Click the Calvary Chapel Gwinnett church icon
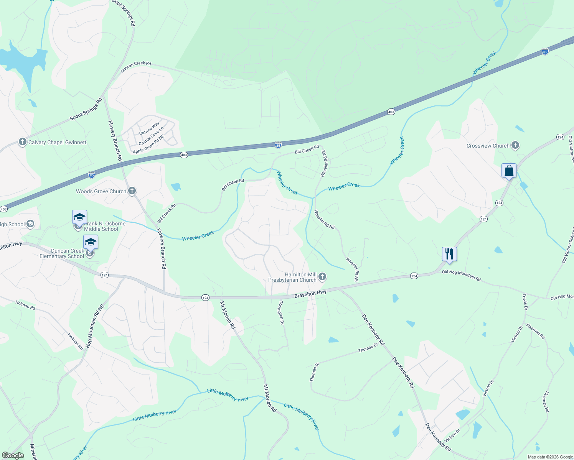click(23, 142)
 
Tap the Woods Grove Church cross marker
click(132, 191)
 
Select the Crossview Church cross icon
click(515, 145)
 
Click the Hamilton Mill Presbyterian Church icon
click(322, 276)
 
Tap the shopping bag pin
click(509, 171)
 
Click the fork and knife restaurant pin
click(449, 254)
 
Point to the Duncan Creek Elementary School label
click(62, 253)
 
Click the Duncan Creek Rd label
click(136, 67)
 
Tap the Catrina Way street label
click(149, 128)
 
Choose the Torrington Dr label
click(281, 312)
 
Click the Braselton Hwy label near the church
click(310, 294)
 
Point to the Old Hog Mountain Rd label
click(461, 275)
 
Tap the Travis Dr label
click(525, 302)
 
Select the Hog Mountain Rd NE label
click(95, 326)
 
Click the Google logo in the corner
click(13, 455)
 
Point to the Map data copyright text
click(550, 457)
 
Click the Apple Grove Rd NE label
click(148, 144)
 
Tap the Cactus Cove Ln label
click(151, 136)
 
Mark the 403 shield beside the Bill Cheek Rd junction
click(184, 155)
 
